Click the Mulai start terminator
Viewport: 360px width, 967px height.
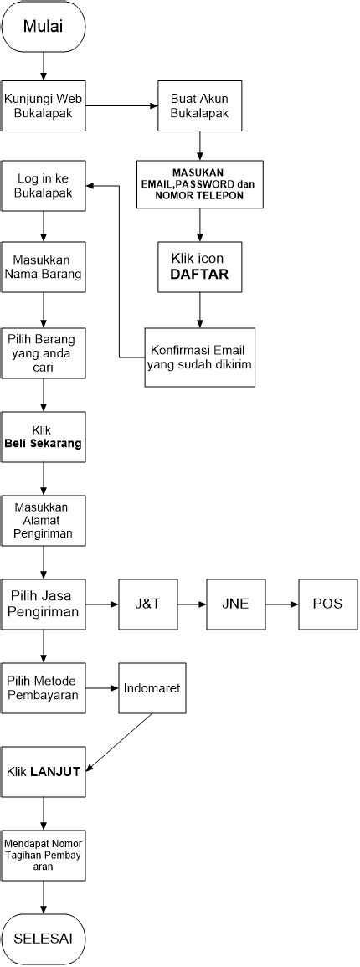43,26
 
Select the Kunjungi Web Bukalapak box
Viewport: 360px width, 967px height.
43,105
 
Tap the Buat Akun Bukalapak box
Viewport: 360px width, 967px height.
199,105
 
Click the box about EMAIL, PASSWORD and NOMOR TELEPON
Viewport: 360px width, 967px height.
199,185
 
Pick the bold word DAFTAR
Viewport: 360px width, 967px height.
199,274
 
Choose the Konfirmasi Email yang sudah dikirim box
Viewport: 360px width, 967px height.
199,357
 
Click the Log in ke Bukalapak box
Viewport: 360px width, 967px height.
43,185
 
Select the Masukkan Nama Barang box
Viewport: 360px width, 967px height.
43,267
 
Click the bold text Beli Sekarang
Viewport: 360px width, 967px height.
43,444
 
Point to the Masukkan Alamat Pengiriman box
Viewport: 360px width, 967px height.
43,521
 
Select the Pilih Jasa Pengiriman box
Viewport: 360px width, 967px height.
43,604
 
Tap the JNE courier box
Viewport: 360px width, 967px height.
236,604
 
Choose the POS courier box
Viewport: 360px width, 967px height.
327,604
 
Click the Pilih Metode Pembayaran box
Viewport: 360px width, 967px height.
43,688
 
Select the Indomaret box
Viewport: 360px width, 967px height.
152,688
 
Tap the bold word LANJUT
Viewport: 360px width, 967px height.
55,772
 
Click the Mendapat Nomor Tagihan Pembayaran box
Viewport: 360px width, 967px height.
43,855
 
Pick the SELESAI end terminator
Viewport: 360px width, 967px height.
43,938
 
